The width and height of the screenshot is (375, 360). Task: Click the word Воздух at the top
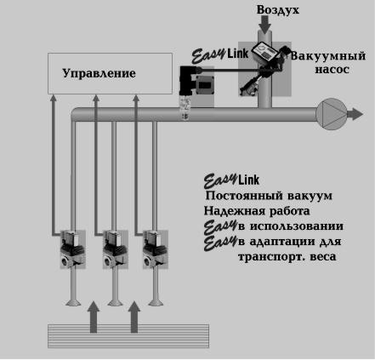tap(278, 10)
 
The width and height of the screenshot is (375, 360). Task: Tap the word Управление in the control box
tap(99, 73)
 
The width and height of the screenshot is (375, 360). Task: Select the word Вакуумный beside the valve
tap(328, 56)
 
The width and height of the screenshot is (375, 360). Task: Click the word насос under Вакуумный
tap(332, 70)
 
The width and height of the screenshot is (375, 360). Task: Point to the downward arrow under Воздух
tap(264, 25)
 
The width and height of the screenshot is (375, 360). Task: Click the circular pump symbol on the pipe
tap(332, 114)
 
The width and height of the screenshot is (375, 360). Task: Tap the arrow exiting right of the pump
tap(355, 114)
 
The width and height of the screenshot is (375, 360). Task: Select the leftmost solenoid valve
tap(72, 249)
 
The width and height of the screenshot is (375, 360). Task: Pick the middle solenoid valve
tap(115, 249)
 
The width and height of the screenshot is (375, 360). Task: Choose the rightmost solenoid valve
tap(156, 249)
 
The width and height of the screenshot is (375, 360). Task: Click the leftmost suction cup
tap(73, 303)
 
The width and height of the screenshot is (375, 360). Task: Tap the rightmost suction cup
tap(155, 303)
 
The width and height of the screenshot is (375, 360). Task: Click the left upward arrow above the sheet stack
tap(94, 317)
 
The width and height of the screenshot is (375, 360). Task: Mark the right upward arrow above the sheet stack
tap(134, 317)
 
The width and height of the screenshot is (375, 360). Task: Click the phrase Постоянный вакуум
tap(269, 196)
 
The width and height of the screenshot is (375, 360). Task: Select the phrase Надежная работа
tap(257, 211)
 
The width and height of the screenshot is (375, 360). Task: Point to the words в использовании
tap(291, 226)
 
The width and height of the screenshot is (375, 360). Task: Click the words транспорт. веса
tap(287, 257)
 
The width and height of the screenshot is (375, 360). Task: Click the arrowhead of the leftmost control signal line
tap(53, 98)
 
